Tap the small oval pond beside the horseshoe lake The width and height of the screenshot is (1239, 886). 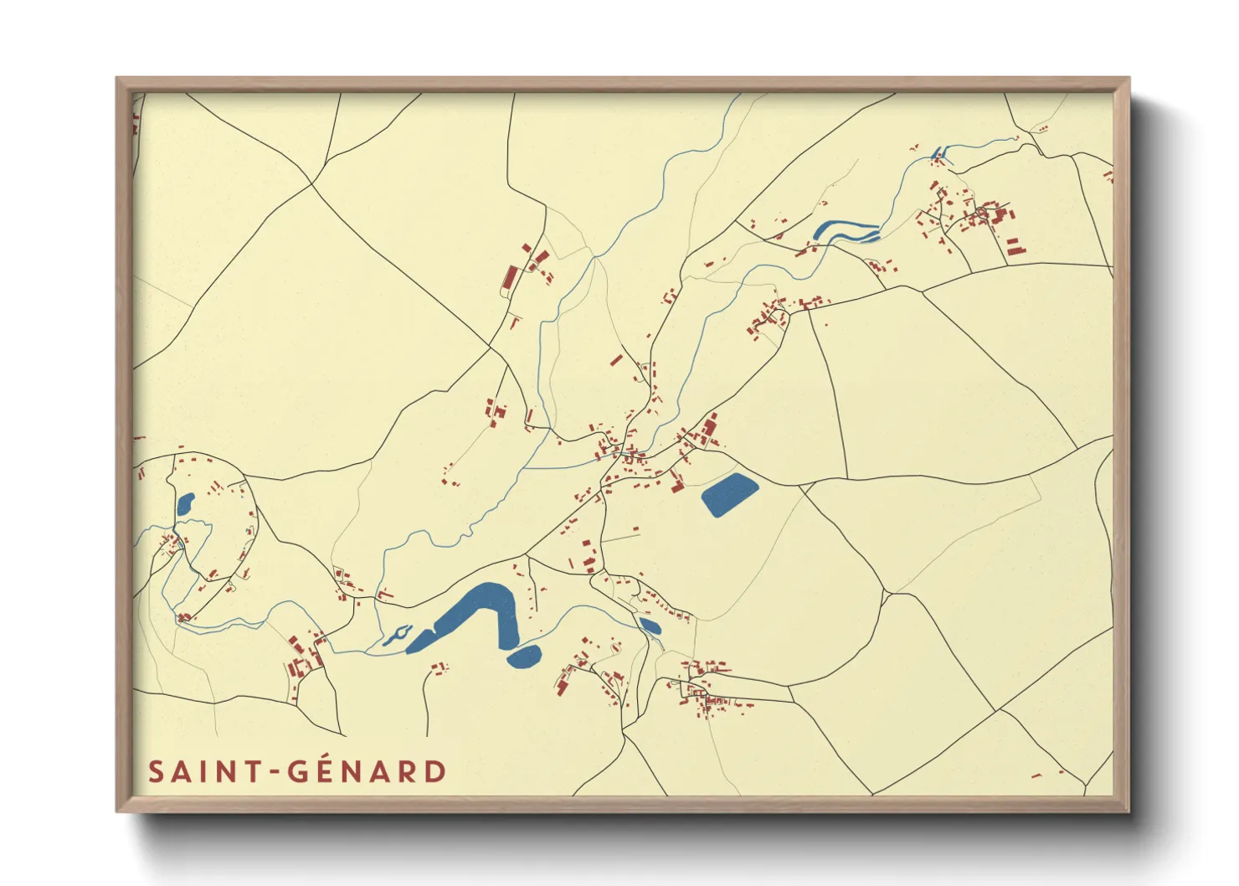(x=524, y=657)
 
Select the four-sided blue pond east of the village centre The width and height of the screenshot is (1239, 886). (x=728, y=495)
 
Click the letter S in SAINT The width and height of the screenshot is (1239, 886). (x=157, y=772)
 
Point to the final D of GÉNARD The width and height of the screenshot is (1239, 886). (x=434, y=772)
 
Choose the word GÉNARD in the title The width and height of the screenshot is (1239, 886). (x=367, y=772)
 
